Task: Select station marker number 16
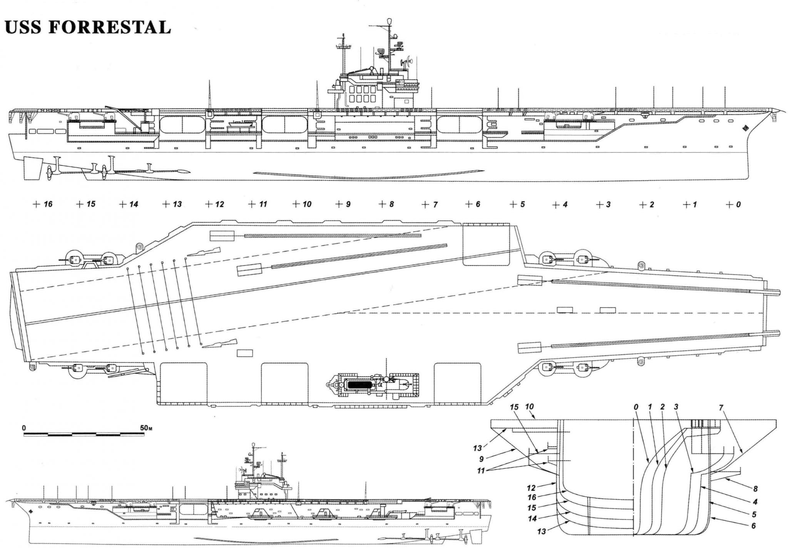click(x=48, y=204)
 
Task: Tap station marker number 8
click(x=391, y=204)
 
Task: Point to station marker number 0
click(x=738, y=204)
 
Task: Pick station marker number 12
click(x=219, y=204)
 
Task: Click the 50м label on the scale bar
click(x=146, y=428)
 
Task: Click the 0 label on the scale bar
click(x=24, y=428)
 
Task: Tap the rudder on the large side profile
click(x=33, y=169)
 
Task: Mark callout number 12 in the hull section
click(x=532, y=488)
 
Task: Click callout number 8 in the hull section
click(x=755, y=489)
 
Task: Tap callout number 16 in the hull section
click(x=532, y=498)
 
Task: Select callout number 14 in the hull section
click(x=532, y=519)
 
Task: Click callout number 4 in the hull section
click(x=755, y=502)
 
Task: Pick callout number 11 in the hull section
click(x=481, y=470)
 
